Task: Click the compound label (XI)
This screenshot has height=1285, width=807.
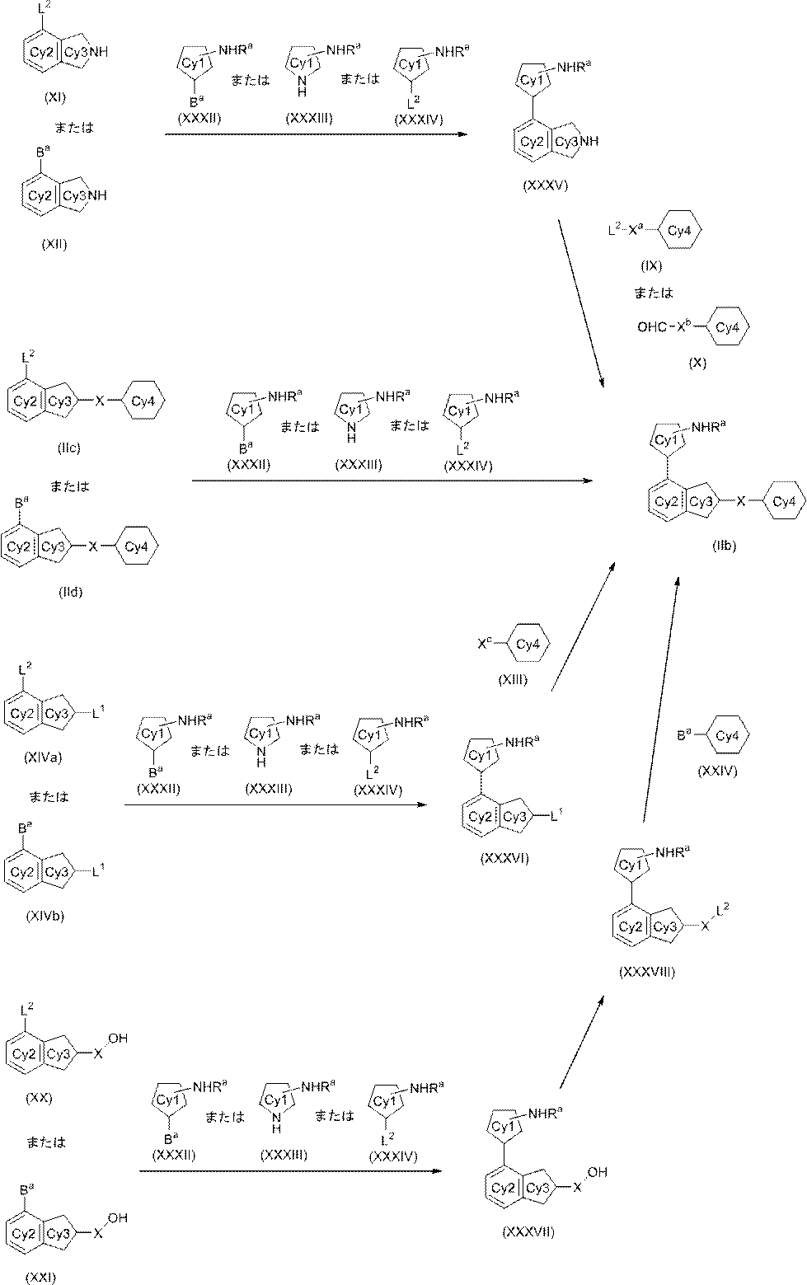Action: (x=55, y=97)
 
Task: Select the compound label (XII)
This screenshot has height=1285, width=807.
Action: (x=54, y=244)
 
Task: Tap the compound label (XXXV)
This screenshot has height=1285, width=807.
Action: (x=546, y=185)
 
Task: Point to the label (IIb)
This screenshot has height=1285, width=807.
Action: (x=724, y=546)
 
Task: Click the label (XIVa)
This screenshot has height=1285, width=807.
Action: (x=43, y=757)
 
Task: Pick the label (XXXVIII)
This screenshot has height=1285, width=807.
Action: (x=648, y=972)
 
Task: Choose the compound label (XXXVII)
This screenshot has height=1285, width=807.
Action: (x=528, y=1231)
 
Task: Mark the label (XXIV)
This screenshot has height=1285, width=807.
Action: (x=717, y=771)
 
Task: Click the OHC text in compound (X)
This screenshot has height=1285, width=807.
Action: (x=652, y=327)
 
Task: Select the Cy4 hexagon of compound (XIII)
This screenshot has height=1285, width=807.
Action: (x=528, y=645)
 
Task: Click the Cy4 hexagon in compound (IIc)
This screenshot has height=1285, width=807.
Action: (x=143, y=401)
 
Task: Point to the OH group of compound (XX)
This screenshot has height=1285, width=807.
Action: (x=118, y=1039)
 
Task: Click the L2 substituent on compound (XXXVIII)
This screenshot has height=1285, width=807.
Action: (x=722, y=908)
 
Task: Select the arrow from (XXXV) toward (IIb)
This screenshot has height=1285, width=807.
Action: (x=582, y=302)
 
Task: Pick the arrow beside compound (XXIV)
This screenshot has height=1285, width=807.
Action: (x=661, y=699)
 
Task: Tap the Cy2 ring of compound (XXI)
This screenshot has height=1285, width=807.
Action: (x=24, y=1233)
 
